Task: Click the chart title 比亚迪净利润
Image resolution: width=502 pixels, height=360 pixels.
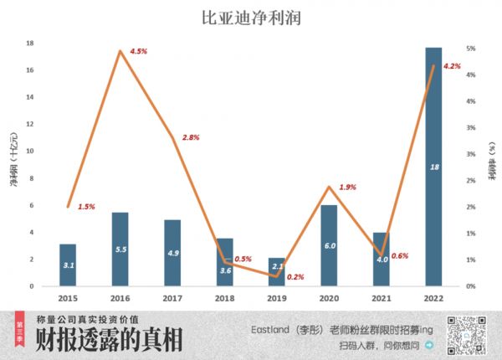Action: [x=251, y=16]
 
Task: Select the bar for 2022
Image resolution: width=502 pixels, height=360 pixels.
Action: [x=433, y=167]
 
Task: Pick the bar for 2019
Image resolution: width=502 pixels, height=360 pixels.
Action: [x=277, y=272]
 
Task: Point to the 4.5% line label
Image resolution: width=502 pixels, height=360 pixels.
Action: [x=139, y=51]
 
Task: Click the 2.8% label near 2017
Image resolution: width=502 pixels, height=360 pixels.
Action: [x=191, y=137]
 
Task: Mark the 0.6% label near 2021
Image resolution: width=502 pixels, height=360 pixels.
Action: [x=400, y=255]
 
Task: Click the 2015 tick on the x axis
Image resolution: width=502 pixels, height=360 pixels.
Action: [x=68, y=297]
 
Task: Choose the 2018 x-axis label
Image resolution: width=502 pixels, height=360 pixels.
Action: [x=224, y=297]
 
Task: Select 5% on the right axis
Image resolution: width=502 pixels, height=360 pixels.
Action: [x=471, y=49]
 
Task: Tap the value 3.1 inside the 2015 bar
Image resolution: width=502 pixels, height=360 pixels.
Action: [x=68, y=265]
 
